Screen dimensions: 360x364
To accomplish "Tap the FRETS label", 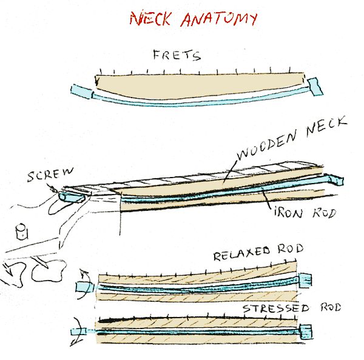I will click(177, 56).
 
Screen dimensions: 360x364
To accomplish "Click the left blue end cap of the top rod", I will click(81, 92).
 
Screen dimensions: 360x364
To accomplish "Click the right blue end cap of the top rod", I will click(315, 87).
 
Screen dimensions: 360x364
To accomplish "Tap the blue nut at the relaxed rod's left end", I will click(82, 286).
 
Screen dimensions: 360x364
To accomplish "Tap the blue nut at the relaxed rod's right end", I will click(306, 279).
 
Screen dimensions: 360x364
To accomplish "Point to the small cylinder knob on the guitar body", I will click(22, 232).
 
